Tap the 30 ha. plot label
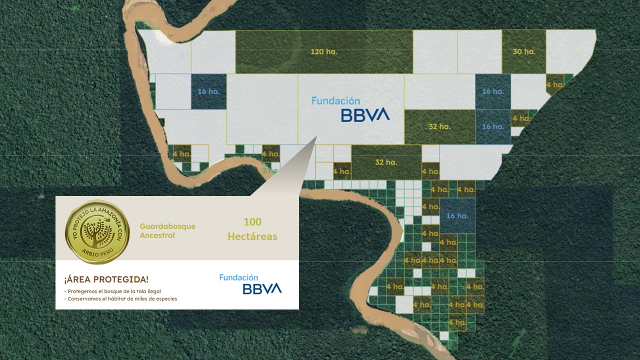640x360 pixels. click(x=523, y=52)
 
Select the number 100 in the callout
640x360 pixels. click(x=252, y=221)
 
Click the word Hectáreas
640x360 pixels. click(x=252, y=236)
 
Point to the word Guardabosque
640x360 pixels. click(x=167, y=226)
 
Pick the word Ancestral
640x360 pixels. click(x=157, y=235)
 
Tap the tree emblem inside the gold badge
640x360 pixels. click(x=97, y=231)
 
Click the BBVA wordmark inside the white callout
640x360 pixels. click(x=262, y=288)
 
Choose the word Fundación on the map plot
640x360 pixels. click(x=335, y=100)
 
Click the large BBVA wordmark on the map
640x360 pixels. click(x=365, y=116)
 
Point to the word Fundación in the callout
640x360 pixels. click(x=238, y=277)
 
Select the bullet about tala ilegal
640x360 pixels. click(x=113, y=291)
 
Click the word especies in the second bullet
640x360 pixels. click(x=166, y=299)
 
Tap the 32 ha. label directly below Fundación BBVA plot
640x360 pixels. click(x=385, y=162)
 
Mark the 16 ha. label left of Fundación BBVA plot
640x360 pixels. click(x=208, y=91)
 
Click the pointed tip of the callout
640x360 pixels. click(x=316, y=136)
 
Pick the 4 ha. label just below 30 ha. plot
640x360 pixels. click(x=555, y=84)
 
